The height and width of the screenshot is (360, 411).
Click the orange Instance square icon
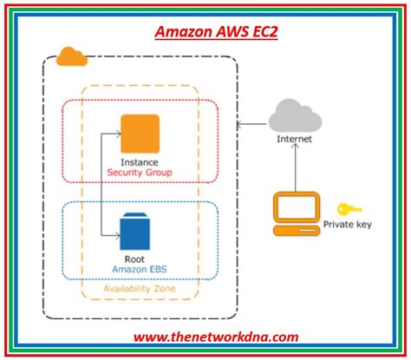click(x=140, y=134)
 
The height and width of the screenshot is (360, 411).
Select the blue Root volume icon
click(x=135, y=232)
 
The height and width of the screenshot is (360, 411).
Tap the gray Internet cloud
click(x=295, y=116)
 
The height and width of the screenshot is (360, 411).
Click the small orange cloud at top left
click(x=72, y=56)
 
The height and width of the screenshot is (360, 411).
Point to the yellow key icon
click(x=349, y=209)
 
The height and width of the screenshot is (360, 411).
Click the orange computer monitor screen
click(x=297, y=207)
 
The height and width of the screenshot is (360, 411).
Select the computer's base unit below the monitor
click(x=297, y=231)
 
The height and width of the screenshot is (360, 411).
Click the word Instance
click(x=140, y=162)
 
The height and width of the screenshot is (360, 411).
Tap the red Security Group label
click(x=140, y=173)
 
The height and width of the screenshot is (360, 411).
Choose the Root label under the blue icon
click(x=134, y=259)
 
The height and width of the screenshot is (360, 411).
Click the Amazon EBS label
click(x=140, y=270)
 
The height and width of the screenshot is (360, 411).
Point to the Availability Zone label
click(x=140, y=289)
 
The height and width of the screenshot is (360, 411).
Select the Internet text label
click(x=295, y=139)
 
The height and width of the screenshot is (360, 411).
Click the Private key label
click(x=348, y=225)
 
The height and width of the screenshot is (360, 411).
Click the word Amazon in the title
click(x=184, y=32)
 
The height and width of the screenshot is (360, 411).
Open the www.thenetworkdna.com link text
click(x=216, y=337)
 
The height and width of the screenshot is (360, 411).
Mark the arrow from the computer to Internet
click(x=295, y=167)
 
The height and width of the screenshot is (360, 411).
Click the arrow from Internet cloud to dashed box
click(x=251, y=124)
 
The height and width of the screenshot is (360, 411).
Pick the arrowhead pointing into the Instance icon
click(x=118, y=134)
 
